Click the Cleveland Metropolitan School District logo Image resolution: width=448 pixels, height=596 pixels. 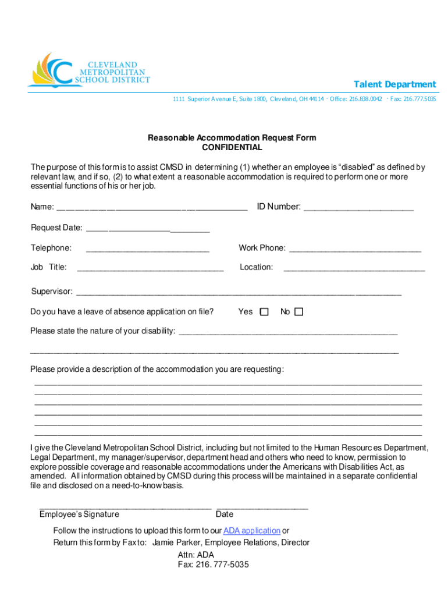88,71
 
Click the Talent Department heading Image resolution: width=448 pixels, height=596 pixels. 395,84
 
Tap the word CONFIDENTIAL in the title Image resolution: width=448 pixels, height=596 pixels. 232,148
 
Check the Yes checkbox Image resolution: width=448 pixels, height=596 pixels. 264,312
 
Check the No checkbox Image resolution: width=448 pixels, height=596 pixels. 299,312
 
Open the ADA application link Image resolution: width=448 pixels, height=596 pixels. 252,531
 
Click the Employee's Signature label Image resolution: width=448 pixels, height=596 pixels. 79,515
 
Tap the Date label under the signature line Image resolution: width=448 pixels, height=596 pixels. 225,515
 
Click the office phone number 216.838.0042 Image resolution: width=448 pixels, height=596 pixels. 365,100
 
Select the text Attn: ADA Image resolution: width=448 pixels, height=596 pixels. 196,555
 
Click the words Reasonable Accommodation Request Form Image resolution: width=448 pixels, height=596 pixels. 232,138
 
